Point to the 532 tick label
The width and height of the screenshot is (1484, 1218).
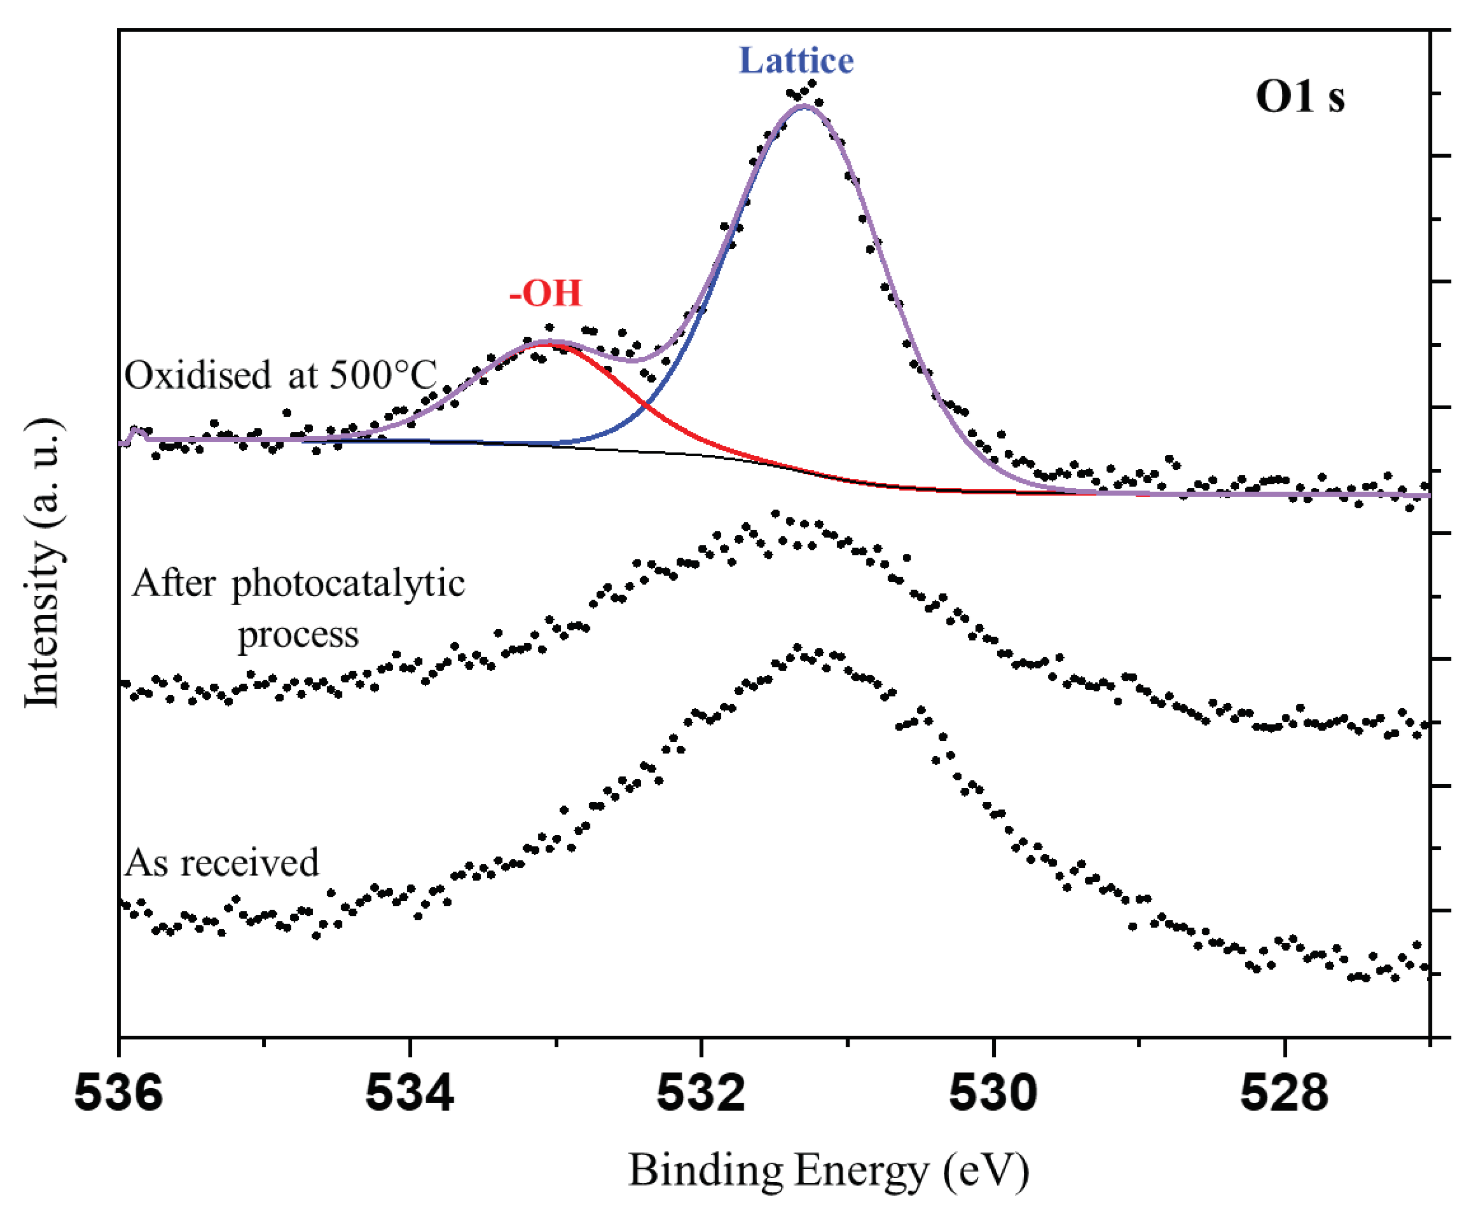(700, 1092)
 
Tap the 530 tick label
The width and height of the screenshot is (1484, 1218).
(993, 1092)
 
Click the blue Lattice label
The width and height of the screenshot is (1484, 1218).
(796, 60)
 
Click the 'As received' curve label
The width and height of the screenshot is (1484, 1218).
(222, 862)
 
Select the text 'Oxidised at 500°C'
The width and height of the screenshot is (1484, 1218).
(281, 375)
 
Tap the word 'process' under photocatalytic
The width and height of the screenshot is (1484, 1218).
(298, 634)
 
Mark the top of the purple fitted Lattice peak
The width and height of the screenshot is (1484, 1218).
(804, 106)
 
